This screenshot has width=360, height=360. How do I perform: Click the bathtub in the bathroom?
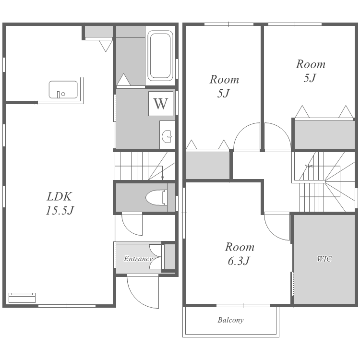160,56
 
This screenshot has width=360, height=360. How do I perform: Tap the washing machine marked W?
161,104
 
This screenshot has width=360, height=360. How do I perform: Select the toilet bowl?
156,197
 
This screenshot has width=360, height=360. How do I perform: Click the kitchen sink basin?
63,90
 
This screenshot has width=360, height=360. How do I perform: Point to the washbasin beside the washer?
167,136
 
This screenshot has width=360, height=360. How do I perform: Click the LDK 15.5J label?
60,204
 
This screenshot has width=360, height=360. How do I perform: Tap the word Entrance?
138,259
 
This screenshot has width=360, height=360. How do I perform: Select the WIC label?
324,259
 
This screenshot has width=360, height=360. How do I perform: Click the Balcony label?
230,320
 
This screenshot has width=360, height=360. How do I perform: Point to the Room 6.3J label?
240,254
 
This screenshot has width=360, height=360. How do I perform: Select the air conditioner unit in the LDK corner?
22,298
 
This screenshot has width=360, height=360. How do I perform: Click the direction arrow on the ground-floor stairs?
163,173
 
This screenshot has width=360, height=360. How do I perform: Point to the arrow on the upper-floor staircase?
309,166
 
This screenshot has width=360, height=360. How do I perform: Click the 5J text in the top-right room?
310,78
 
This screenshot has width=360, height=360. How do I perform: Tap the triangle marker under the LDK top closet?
106,46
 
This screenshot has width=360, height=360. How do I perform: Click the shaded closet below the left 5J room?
207,165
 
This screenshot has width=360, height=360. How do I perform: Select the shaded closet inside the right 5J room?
324,134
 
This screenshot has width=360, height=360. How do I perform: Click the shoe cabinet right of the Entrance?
170,257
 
